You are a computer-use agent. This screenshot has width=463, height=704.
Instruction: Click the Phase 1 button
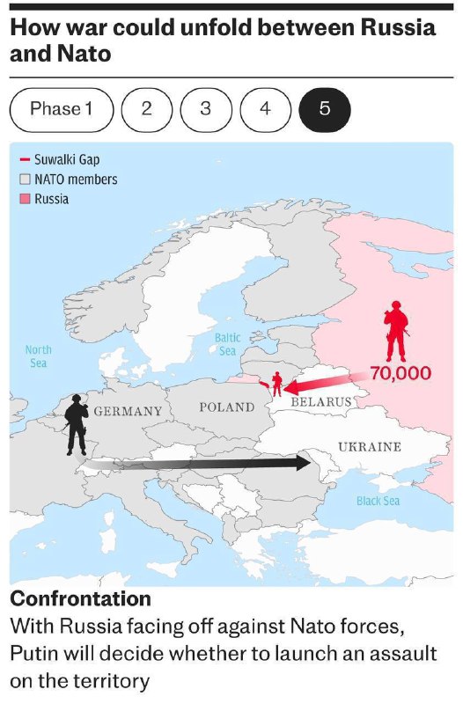[x=62, y=110]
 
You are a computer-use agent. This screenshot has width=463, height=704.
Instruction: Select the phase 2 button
[x=146, y=110]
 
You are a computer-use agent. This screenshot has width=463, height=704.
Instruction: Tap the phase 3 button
[x=205, y=110]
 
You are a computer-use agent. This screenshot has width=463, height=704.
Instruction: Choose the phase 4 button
[x=265, y=110]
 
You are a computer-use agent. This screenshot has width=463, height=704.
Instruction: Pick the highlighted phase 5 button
[x=325, y=110]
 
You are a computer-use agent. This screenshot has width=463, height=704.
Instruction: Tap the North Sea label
[x=38, y=356]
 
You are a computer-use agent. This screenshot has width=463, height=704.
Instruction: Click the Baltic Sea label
[x=227, y=344]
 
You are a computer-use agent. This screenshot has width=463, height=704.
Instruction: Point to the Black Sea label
[x=378, y=501]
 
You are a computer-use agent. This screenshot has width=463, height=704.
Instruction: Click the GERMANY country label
[x=128, y=411]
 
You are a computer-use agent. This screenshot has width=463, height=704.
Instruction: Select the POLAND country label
[x=226, y=407]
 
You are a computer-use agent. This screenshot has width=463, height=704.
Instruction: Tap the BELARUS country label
[x=321, y=401]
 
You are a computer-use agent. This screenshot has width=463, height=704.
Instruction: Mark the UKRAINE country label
[x=370, y=447]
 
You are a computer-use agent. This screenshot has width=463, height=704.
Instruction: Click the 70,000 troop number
[x=401, y=373]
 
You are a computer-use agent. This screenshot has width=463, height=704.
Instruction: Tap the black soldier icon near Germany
[x=76, y=424]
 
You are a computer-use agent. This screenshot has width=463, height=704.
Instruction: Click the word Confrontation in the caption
[x=80, y=599]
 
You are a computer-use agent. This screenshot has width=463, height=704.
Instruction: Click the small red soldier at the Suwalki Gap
[x=277, y=384]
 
